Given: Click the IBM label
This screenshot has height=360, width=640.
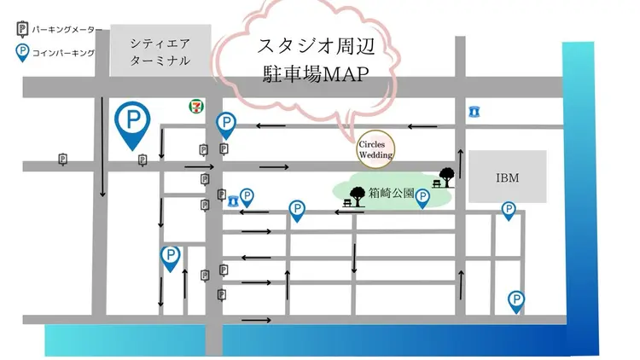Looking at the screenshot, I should (x=508, y=177).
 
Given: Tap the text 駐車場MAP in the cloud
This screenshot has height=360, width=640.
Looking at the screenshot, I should (x=315, y=74).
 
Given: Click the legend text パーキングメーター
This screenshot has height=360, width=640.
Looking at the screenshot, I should (x=65, y=30).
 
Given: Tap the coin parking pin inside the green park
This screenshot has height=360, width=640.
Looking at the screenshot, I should (x=422, y=196).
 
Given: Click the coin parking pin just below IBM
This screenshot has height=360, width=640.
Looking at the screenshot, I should (x=509, y=208).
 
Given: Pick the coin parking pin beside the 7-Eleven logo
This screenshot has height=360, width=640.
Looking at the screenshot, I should (x=226, y=124).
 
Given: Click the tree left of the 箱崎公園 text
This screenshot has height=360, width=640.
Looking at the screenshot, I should (x=358, y=195).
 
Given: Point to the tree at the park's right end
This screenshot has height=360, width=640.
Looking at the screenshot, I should (x=446, y=174).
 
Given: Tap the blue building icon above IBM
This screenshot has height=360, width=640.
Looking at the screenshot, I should (x=474, y=111).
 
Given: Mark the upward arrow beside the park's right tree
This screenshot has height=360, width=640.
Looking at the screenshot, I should (x=461, y=162).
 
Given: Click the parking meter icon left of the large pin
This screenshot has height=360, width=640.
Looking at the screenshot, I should (x=62, y=159).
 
